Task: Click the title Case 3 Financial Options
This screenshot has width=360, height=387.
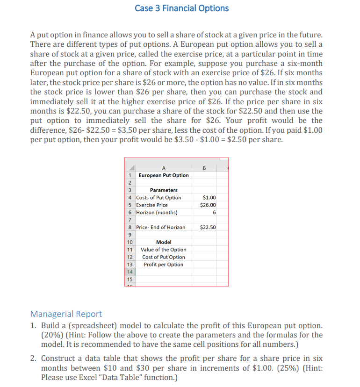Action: (x=181, y=8)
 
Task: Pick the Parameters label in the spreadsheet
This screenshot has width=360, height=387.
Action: (x=164, y=190)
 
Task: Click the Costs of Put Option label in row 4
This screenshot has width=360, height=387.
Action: (x=158, y=198)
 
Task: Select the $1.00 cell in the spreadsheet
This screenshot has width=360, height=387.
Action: (x=209, y=198)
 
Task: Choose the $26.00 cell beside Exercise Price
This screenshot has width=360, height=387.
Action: (x=208, y=205)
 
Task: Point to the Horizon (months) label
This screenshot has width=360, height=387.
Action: (x=157, y=213)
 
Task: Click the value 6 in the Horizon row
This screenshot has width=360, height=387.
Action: (x=214, y=213)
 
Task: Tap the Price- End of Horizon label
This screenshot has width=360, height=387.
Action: (x=160, y=228)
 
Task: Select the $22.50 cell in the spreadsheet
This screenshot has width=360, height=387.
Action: (x=208, y=228)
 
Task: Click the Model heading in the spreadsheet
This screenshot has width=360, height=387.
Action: (x=164, y=242)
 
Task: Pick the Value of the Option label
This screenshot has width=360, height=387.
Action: (x=164, y=250)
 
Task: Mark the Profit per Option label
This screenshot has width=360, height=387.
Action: (x=164, y=265)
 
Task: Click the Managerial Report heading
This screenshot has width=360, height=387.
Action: (x=66, y=314)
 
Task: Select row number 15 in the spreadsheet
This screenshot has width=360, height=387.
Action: (x=130, y=279)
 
